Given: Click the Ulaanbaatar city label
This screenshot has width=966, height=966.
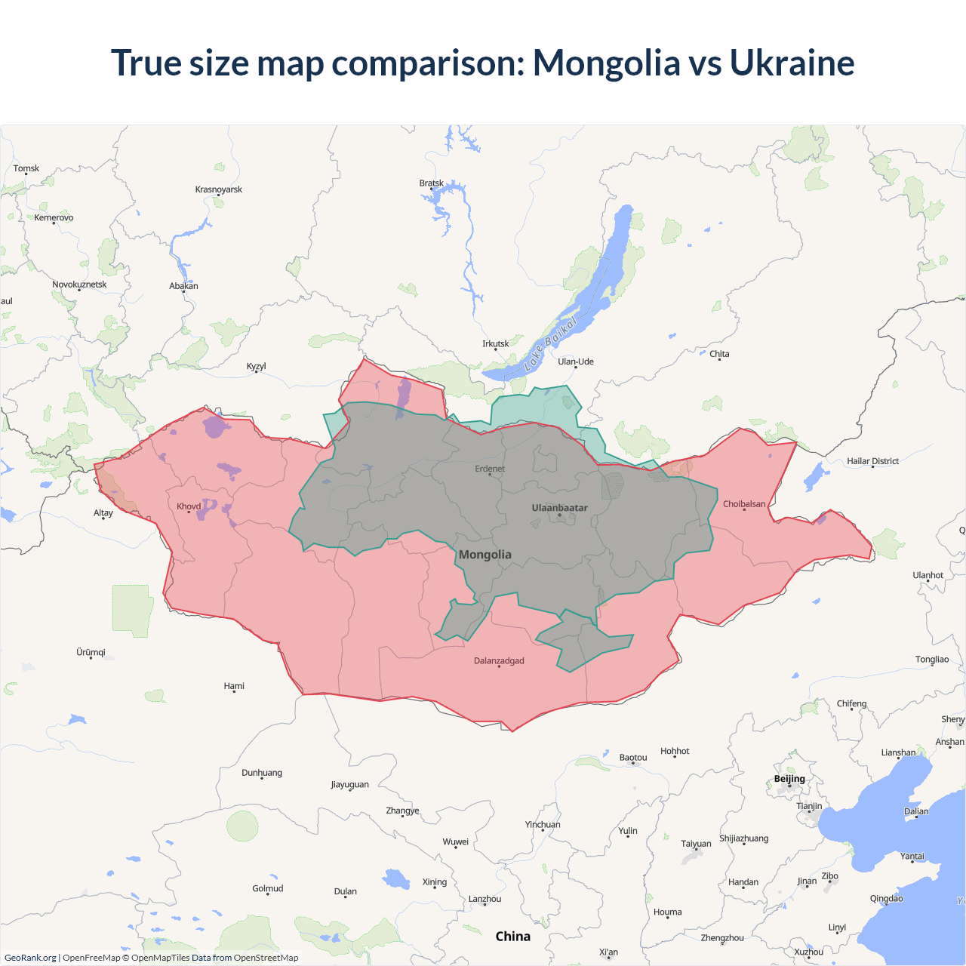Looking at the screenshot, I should coord(559,508).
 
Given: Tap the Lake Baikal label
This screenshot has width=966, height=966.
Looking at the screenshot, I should coord(550,343).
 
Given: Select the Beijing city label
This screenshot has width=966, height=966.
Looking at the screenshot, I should coord(789,779).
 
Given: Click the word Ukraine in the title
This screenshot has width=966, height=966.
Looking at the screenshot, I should coord(792,63).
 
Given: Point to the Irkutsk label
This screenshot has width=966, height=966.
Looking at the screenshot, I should coord(496,344).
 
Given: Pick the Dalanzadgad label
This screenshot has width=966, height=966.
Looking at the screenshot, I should coord(499,661).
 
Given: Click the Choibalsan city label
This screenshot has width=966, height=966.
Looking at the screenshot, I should coord(744,504).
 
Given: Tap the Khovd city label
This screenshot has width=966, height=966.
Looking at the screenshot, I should coord(189,506).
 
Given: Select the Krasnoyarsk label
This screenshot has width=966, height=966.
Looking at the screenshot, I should coord(219,189).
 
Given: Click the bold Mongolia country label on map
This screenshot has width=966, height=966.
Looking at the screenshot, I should coord(485,555).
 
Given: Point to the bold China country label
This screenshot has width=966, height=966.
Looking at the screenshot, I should coord(513,937).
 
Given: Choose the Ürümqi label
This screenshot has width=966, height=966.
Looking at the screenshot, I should coord(91,652).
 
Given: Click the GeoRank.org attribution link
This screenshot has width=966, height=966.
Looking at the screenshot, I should coord(30,958).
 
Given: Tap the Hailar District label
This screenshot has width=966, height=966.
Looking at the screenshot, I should coord(872,461).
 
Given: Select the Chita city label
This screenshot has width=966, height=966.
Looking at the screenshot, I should coord(719,354).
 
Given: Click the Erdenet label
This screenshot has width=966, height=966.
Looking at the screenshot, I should coord(490,469).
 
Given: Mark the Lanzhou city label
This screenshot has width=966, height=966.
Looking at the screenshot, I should coord(485,899).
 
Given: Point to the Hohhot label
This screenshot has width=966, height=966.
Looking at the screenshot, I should coord(675,751).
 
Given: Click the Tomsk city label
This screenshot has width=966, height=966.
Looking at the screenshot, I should coord(26,168).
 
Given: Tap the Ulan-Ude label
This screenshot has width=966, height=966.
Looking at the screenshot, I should coord(576,361).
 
